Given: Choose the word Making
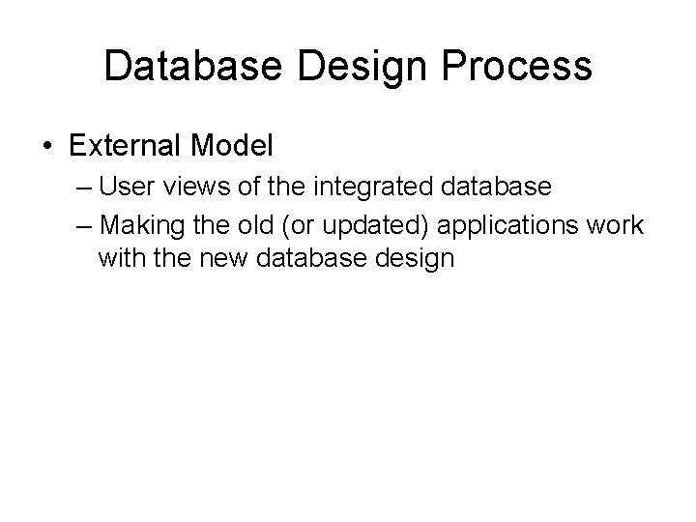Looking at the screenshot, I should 136,225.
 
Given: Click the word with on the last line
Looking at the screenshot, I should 118,258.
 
